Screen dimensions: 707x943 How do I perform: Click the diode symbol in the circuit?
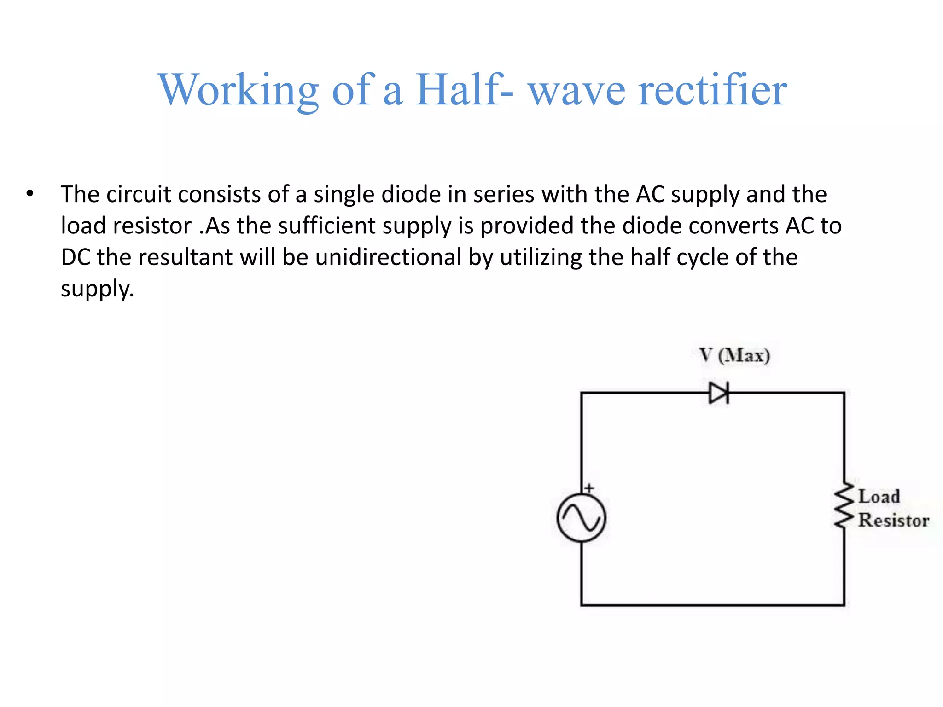719,393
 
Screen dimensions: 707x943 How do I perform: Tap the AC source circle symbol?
581,517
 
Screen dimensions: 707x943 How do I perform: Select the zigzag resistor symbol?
844,505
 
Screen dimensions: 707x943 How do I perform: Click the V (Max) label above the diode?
734,356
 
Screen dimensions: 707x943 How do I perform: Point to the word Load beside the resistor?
879,496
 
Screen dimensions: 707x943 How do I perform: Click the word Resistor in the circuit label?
894,521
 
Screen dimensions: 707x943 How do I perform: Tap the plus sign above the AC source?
589,488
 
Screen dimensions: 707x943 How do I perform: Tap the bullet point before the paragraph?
30,194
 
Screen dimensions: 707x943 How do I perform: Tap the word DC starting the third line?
76,257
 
